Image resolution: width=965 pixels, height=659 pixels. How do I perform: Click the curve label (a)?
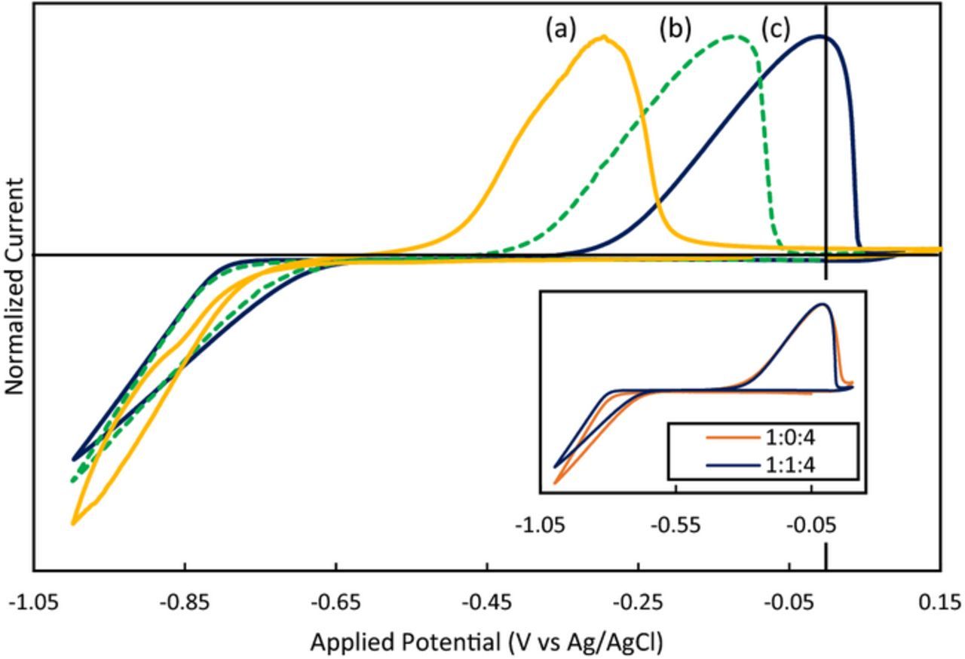tap(561, 29)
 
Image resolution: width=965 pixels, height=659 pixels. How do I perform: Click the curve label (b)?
tap(675, 29)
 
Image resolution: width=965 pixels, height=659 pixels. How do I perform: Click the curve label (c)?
tap(775, 29)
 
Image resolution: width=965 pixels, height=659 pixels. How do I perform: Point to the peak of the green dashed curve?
tap(733, 35)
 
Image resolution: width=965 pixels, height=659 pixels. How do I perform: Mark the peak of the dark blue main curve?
tap(820, 35)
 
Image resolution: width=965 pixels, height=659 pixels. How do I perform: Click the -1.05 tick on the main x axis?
tap(33, 602)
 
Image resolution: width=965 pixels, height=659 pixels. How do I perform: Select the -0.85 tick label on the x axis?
tap(184, 602)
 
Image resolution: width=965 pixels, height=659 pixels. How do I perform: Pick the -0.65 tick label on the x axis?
tap(335, 602)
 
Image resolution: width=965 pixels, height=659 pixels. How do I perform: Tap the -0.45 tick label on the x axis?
tap(487, 602)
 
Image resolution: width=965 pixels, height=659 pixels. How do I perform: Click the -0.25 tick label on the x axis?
tap(639, 602)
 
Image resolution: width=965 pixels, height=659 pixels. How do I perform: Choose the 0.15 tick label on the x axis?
tap(941, 602)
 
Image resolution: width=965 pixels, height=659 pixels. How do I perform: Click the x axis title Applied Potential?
tap(486, 642)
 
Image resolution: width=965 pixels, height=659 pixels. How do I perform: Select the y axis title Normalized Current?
tap(14, 287)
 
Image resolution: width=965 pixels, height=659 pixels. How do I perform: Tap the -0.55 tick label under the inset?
tap(675, 525)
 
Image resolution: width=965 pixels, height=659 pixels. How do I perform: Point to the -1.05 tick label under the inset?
tap(540, 525)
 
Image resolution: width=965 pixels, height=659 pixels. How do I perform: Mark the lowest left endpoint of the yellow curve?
tap(73, 523)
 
